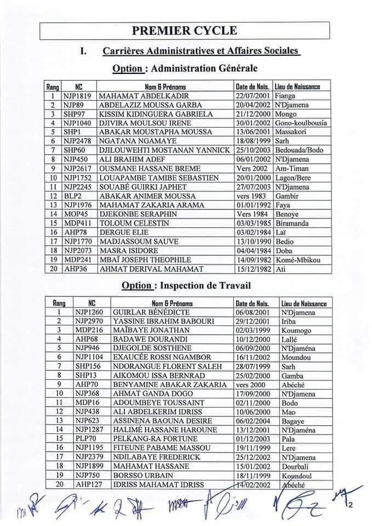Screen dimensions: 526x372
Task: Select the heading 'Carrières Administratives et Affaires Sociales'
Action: [201, 51]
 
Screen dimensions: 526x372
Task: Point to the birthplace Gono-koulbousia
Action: [302, 123]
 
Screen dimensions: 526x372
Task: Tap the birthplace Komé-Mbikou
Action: [300, 260]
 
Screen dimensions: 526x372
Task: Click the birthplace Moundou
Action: [296, 358]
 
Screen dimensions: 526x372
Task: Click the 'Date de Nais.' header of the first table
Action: [253, 87]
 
